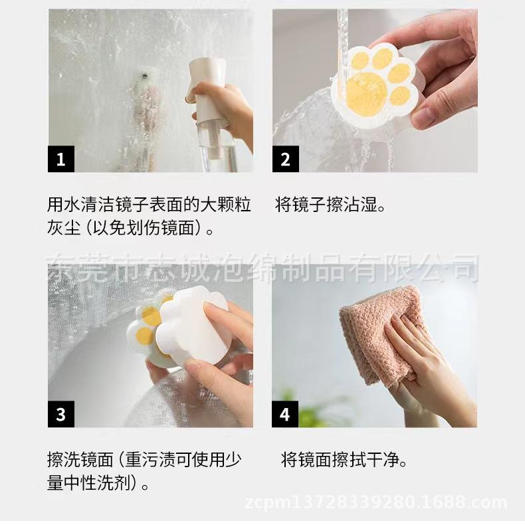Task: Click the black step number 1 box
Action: coord(61,159)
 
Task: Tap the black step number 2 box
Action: coord(286,159)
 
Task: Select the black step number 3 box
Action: coord(61,414)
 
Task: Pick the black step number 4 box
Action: coord(285,414)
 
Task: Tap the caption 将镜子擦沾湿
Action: coord(330,205)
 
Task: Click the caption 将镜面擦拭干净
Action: coord(344,459)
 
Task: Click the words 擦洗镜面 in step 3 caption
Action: coord(80,459)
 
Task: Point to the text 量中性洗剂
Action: coord(89,482)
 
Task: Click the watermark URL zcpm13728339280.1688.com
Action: coord(376,502)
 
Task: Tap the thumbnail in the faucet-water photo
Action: coord(423,115)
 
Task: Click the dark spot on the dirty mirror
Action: coord(145,76)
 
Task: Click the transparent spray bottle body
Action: coord(217,148)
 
